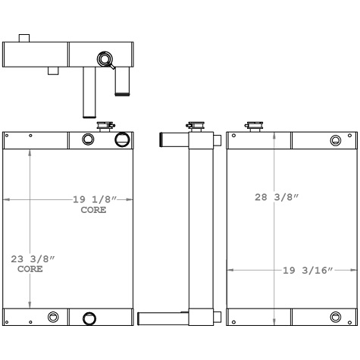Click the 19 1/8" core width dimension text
pyautogui.click(x=95, y=199)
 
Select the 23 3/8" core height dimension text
pyautogui.click(x=33, y=259)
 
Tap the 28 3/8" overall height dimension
pyautogui.click(x=277, y=197)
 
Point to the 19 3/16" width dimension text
pyautogui.click(x=308, y=271)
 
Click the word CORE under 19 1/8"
pyautogui.click(x=93, y=210)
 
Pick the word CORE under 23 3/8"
pyautogui.click(x=30, y=269)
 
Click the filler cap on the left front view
pyautogui.click(x=106, y=127)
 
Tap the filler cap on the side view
pyautogui.click(x=196, y=127)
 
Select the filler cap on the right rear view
pyautogui.click(x=254, y=127)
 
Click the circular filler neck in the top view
pyautogui.click(x=105, y=59)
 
